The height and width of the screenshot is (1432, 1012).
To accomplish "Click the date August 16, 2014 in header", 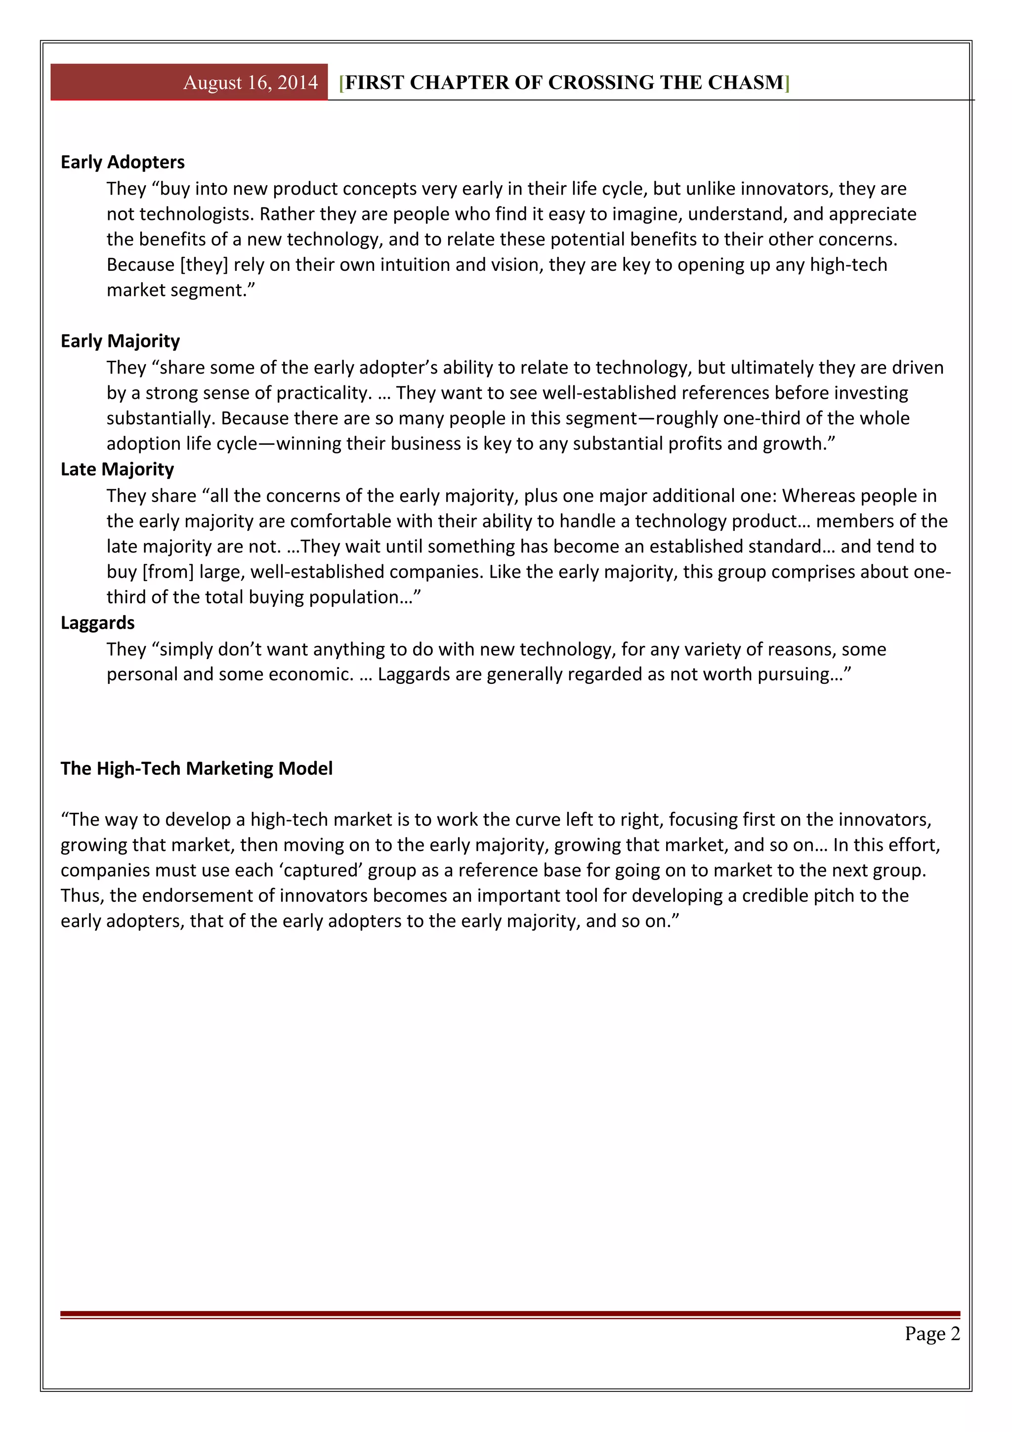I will coord(250,83).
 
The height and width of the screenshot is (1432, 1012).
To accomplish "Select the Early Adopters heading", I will coord(122,162).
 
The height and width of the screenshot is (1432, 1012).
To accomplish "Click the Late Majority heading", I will coord(117,469).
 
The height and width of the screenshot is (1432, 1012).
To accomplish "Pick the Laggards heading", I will coord(97,623).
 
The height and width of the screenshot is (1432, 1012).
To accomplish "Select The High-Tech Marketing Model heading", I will coord(196,768).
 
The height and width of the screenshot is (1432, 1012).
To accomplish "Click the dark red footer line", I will coord(509,1313).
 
